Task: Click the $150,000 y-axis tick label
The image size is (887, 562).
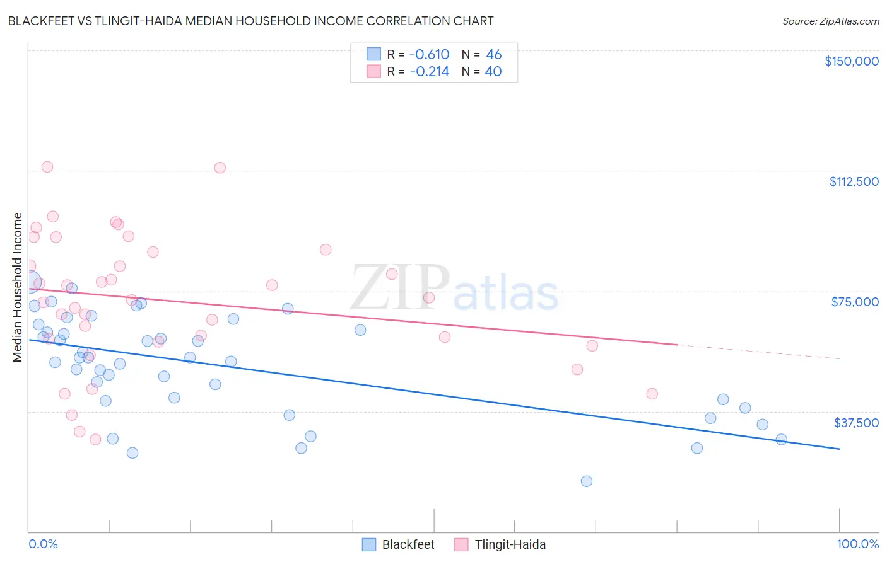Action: point(851,61)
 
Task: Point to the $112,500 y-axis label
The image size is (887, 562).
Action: point(854,181)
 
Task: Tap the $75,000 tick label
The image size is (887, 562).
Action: point(855,302)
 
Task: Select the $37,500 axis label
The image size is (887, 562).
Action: point(856,423)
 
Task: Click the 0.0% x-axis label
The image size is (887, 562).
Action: point(43,544)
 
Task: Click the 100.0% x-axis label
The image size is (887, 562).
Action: point(857,544)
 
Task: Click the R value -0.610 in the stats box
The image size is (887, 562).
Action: point(429,55)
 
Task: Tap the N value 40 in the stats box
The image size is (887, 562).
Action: point(493,72)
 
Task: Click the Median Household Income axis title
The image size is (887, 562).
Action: point(18,287)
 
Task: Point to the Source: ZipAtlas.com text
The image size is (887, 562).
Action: point(830,21)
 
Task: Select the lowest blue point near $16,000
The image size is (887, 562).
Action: point(586,481)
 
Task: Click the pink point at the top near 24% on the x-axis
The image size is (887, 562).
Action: point(220,168)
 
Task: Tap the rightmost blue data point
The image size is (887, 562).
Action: point(781,439)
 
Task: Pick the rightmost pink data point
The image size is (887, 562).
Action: point(652,394)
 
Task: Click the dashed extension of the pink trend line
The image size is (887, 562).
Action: point(757,352)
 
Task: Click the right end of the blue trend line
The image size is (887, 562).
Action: point(838,449)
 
